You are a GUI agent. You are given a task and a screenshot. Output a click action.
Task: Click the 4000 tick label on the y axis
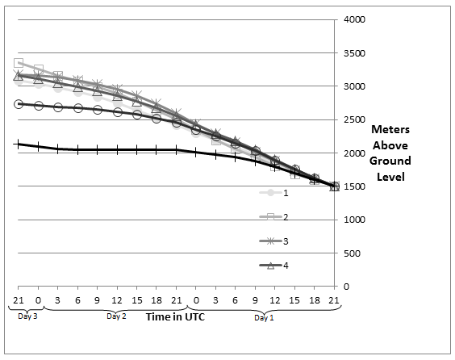[x=354, y=19]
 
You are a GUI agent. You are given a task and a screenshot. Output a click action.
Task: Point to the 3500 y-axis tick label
[x=354, y=53]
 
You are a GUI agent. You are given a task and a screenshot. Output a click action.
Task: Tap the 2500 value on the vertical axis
[x=354, y=119]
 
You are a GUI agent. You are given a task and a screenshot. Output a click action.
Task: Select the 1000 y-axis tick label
[x=354, y=220]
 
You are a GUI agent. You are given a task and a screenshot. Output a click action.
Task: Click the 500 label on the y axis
[x=352, y=253]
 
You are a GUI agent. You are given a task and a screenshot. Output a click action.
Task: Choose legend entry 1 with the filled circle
[x=274, y=193]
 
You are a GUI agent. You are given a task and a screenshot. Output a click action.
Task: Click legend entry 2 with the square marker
[x=274, y=217]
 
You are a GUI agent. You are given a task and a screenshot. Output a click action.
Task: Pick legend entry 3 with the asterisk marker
[x=274, y=241]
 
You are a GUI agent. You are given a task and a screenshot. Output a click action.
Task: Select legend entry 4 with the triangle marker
[x=274, y=266]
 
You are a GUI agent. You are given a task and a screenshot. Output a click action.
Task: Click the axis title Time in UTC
[x=175, y=316]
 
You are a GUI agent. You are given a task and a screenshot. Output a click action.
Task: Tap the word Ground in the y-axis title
[x=390, y=161]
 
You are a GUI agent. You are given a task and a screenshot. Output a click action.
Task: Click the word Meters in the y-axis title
[x=390, y=129]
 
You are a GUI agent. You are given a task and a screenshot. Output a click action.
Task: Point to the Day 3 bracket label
[x=27, y=316]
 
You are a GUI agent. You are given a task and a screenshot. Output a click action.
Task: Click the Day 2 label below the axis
[x=116, y=316]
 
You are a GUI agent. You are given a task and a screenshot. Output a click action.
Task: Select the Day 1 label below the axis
[x=264, y=317]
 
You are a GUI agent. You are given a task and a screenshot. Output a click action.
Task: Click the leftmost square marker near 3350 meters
[x=19, y=63]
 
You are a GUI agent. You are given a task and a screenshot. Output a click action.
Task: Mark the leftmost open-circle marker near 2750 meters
[x=19, y=104]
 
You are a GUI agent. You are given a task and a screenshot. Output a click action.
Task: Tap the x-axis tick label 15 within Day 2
[x=136, y=300]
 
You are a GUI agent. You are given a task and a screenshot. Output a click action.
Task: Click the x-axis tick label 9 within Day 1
[x=255, y=300]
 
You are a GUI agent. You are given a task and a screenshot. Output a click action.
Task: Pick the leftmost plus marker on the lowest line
[x=19, y=144]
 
